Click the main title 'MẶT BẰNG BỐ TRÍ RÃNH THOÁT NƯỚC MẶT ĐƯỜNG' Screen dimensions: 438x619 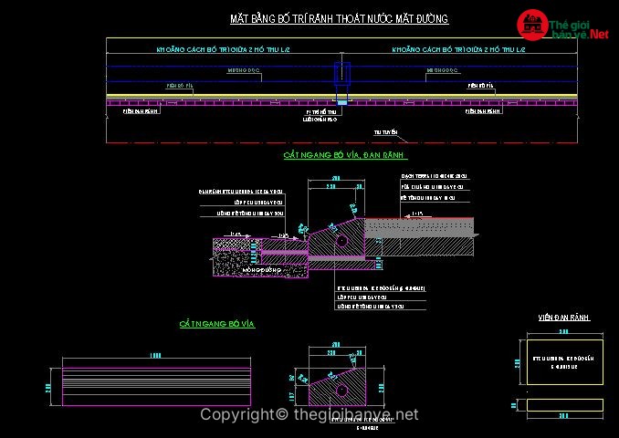click(339, 19)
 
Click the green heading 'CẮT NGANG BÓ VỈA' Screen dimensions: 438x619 click(215, 323)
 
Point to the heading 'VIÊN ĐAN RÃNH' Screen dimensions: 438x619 click(564, 318)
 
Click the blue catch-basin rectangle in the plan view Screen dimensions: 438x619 click(341, 72)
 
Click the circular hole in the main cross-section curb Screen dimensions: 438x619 click(341, 242)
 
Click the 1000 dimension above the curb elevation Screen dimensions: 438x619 click(155, 354)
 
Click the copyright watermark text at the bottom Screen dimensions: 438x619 click(309, 415)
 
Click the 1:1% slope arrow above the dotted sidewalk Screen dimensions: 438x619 click(417, 213)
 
